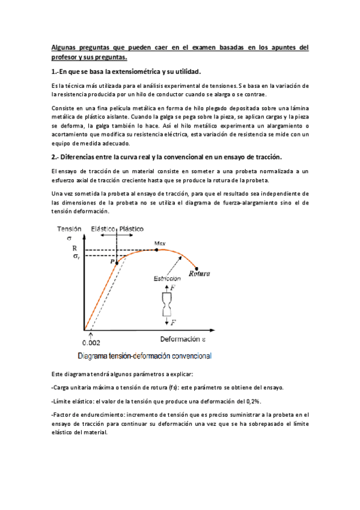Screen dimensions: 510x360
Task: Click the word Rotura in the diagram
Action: click(x=199, y=274)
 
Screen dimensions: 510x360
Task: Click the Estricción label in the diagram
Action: click(x=166, y=279)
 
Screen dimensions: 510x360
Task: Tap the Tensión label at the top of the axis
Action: click(x=69, y=229)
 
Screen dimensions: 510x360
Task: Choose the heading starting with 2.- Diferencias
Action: click(x=166, y=157)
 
